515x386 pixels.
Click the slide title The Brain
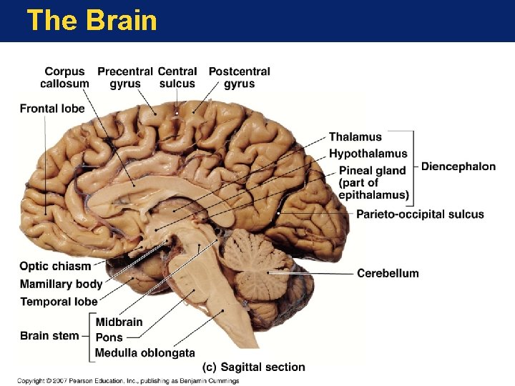coord(92,20)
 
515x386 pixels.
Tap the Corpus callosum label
coord(64,77)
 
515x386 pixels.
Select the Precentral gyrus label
coord(125,77)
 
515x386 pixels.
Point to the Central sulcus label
coord(177,77)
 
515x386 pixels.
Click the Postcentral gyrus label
coord(239,77)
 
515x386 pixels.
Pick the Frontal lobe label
coord(52,109)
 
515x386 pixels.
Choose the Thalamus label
coord(355,137)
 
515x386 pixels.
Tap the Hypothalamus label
coord(368,153)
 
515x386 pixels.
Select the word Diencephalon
coord(458,167)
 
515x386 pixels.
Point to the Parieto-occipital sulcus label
coord(420,214)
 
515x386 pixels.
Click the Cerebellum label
coord(388,273)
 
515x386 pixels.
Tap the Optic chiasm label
coord(55,266)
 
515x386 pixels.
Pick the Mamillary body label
coord(61,284)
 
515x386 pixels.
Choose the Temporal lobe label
coord(59,301)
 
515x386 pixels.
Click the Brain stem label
coord(49,335)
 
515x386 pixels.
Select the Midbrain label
coord(119,322)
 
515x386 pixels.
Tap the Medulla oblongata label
coord(145,352)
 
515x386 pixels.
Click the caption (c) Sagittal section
coord(254,367)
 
